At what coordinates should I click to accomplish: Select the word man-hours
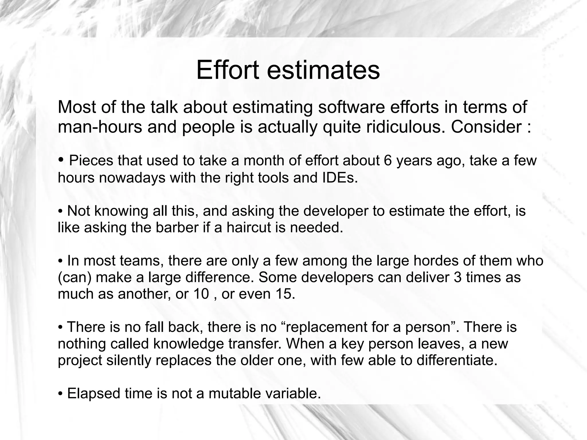tap(100, 127)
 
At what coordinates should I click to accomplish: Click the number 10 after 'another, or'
tap(201, 294)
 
